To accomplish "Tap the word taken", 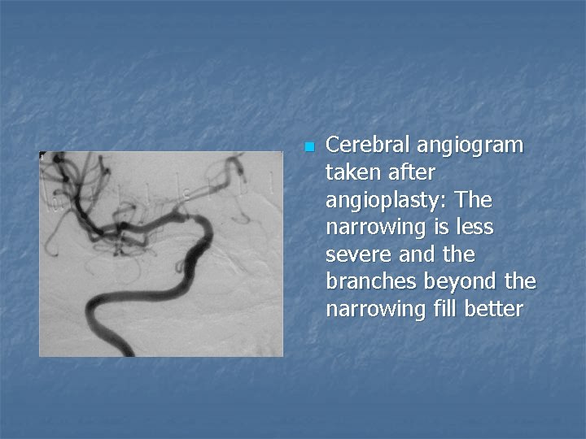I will point(350,173).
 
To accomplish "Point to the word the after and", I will point(459,255).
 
